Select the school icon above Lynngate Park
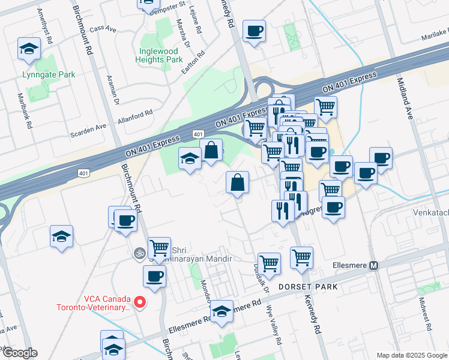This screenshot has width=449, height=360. click(x=29, y=50)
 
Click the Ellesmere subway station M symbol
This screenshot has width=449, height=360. click(x=373, y=265)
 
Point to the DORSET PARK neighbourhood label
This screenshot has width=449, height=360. click(x=309, y=287)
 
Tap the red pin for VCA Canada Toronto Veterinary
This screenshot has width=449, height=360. click(x=140, y=302)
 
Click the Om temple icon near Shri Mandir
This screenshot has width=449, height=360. click(x=139, y=254)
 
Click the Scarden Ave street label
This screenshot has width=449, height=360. click(x=88, y=130)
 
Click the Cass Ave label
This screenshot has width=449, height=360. click(x=102, y=28)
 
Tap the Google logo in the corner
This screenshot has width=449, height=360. click(x=19, y=352)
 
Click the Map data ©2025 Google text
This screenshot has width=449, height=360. click(x=411, y=355)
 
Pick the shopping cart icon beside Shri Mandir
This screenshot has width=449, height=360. click(x=159, y=247)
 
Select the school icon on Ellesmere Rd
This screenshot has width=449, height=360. click(x=221, y=311)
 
